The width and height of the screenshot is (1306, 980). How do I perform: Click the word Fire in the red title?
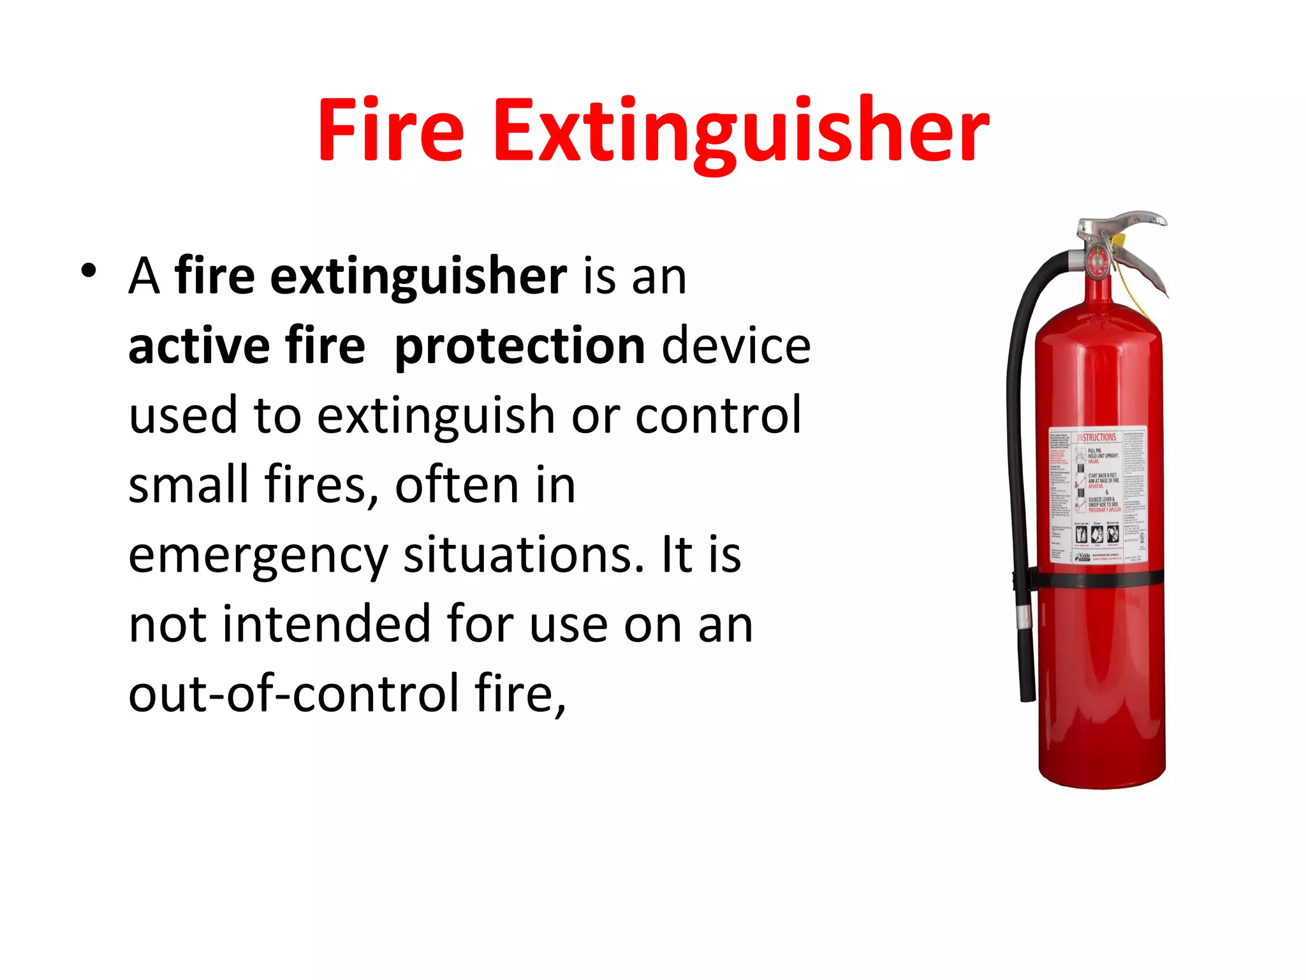pos(390,130)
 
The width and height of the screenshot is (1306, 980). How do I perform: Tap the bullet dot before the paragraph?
pos(89,271)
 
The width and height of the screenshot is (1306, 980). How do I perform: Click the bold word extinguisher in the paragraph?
pos(418,277)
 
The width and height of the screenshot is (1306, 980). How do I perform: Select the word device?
pos(737,346)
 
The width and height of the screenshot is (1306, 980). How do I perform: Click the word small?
pos(188,485)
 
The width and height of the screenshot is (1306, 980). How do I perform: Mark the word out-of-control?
pos(293,694)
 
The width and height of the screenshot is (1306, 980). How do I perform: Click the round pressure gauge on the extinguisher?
pos(1096,262)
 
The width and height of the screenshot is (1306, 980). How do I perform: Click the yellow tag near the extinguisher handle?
pos(1118,241)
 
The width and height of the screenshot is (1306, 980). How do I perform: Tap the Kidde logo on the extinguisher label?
pos(1084,557)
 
